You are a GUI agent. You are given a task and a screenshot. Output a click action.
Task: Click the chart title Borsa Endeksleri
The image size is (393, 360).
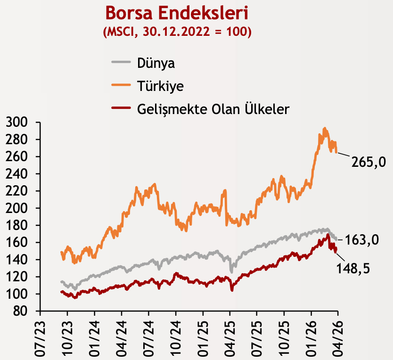point(177,13)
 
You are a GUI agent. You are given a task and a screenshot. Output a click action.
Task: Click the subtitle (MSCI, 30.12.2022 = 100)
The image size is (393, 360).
point(177,32)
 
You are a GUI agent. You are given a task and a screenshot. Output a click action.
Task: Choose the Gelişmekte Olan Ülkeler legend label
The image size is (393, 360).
point(213,109)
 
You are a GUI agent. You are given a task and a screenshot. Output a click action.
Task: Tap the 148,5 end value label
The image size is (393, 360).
point(353,269)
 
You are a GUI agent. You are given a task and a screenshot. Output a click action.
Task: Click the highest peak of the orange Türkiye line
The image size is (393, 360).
point(324,128)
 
